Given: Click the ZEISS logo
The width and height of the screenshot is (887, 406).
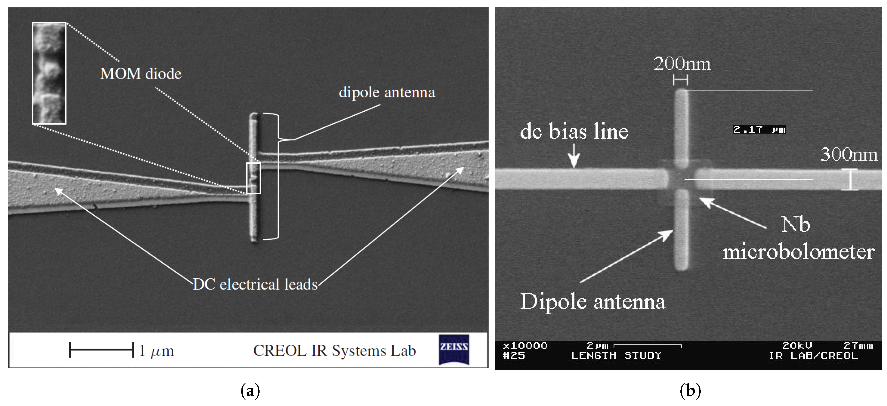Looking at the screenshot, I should (454, 349).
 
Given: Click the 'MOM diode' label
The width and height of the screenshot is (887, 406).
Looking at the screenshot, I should (141, 74).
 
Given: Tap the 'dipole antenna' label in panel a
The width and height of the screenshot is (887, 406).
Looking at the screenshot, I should (387, 92).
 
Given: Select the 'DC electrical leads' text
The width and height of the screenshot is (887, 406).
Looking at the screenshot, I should (255, 284).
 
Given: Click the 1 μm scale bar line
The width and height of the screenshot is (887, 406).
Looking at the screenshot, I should (102, 350).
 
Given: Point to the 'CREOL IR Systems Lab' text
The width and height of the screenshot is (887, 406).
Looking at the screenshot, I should (334, 351).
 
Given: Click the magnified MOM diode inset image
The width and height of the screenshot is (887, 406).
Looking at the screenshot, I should (49, 73).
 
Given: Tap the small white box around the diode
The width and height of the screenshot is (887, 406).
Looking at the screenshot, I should (253, 178).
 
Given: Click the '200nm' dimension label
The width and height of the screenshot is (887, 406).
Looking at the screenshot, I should (682, 64).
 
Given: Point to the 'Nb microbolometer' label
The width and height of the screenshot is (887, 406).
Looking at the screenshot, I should (798, 238).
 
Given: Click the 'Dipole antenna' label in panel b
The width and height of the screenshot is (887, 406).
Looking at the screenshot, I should (592, 302).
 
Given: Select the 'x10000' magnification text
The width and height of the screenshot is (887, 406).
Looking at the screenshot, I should (525, 345).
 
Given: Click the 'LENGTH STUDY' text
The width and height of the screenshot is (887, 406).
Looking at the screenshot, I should (616, 355).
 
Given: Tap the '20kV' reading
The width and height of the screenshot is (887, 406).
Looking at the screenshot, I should (797, 345).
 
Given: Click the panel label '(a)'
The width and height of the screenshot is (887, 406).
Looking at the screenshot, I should (250, 391).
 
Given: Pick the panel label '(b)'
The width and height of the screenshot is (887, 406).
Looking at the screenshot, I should (690, 391).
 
